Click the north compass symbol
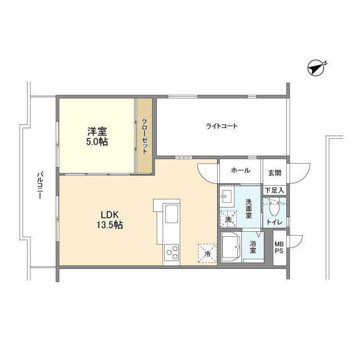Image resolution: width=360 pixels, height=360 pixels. [316, 68]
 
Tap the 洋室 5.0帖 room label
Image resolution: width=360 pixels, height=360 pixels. [97, 136]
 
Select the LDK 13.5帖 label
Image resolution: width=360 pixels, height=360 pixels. [110, 220]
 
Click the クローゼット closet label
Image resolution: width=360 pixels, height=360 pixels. [145, 136]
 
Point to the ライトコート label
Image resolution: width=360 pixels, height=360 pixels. [222, 126]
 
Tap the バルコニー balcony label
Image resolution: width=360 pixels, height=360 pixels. [40, 185]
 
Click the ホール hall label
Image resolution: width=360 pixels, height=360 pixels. [240, 170]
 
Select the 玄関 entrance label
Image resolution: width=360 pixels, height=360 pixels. [274, 173]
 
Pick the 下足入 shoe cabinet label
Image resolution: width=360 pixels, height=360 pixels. [274, 190]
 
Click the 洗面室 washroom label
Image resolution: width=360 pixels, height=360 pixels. [249, 209]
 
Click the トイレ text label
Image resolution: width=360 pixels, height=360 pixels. [274, 222]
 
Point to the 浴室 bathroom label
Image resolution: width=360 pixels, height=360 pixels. [253, 246]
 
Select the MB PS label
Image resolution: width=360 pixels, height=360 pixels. [279, 247]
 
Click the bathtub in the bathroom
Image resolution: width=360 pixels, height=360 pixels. [231, 247]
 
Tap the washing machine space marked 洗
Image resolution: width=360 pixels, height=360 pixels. [228, 219]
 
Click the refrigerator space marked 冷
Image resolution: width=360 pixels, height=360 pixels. [208, 253]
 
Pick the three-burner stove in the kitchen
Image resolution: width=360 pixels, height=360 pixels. [172, 253]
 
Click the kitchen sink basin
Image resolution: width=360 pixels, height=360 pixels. [172, 214]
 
